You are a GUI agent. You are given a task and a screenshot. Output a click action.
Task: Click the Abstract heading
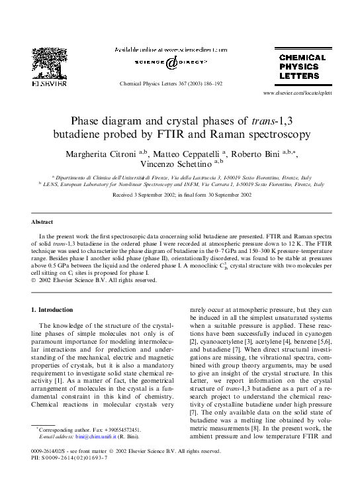point(43,222)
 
